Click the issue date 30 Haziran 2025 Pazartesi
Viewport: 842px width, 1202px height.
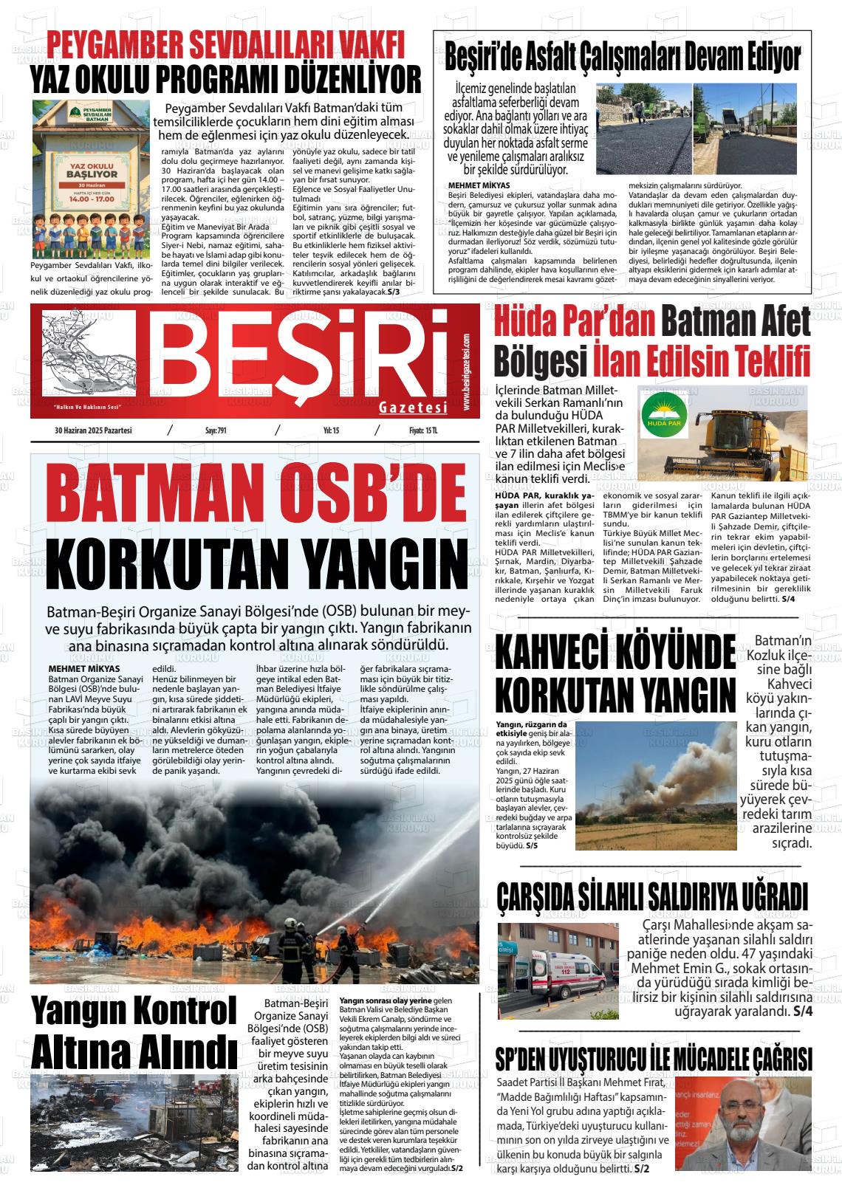(x=93, y=430)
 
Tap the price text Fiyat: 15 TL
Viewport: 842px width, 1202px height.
(x=423, y=430)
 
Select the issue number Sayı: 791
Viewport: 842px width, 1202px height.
(x=216, y=430)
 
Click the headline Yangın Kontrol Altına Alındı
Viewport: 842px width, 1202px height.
(x=133, y=1029)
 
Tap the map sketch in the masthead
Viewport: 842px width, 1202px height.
(x=89, y=354)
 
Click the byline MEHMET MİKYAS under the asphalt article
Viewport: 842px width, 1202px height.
(x=479, y=185)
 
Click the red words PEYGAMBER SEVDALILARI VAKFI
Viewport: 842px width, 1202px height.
(x=226, y=45)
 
